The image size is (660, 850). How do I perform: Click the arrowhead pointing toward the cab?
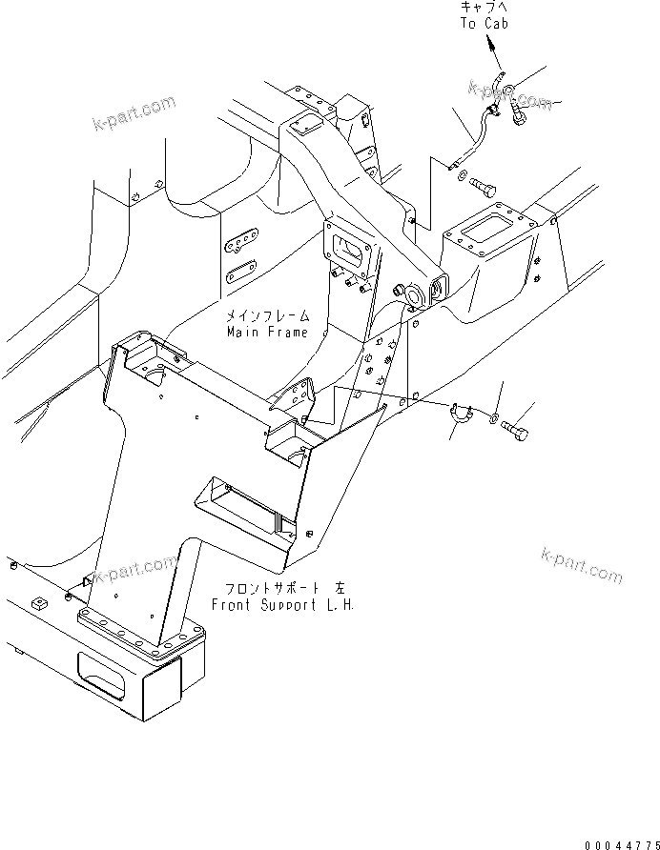493,43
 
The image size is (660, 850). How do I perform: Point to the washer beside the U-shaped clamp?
492,418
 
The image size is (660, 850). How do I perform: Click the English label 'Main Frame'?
267,333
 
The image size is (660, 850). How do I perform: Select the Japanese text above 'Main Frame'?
267,316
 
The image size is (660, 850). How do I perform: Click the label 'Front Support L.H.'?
281,604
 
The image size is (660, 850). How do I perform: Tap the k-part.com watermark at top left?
134,112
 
